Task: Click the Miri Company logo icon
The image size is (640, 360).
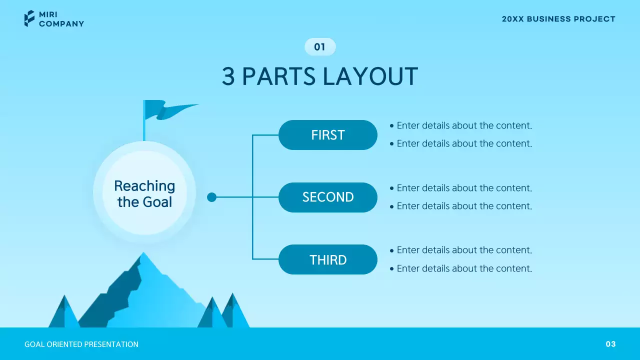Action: (29, 18)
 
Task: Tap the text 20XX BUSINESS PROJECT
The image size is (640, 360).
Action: (558, 19)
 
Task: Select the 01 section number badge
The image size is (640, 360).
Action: (320, 47)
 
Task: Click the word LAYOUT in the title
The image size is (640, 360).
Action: (370, 77)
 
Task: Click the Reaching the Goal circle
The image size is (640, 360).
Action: (144, 193)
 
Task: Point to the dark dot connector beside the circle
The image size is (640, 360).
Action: (211, 197)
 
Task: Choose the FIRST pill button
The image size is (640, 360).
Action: (327, 135)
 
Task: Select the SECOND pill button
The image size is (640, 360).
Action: (327, 197)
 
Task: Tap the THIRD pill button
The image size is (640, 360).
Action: (327, 259)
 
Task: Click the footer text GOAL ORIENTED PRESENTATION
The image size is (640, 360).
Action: (81, 344)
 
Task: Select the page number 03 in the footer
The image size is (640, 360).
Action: (610, 344)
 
